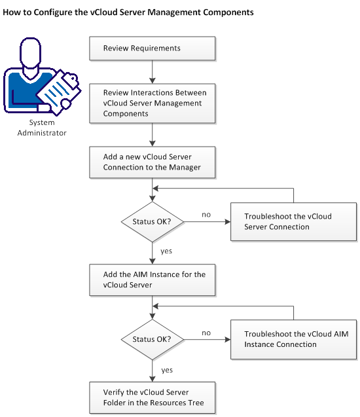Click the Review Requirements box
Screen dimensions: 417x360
(152, 48)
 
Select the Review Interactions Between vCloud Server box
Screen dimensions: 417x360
(152, 103)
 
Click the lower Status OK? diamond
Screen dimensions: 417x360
(152, 339)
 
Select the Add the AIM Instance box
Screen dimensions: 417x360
(152, 280)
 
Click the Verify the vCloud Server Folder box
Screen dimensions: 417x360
(152, 397)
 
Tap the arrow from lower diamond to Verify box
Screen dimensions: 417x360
(152, 371)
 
